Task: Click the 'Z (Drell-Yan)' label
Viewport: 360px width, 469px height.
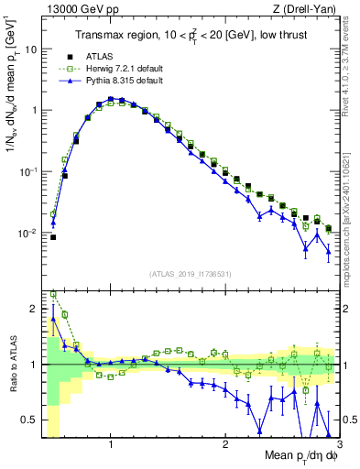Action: click(308, 9)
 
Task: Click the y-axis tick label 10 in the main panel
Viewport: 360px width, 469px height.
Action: click(29, 49)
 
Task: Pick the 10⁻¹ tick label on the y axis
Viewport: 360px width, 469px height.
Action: click(27, 171)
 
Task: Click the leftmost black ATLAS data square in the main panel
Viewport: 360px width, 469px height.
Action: click(53, 237)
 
